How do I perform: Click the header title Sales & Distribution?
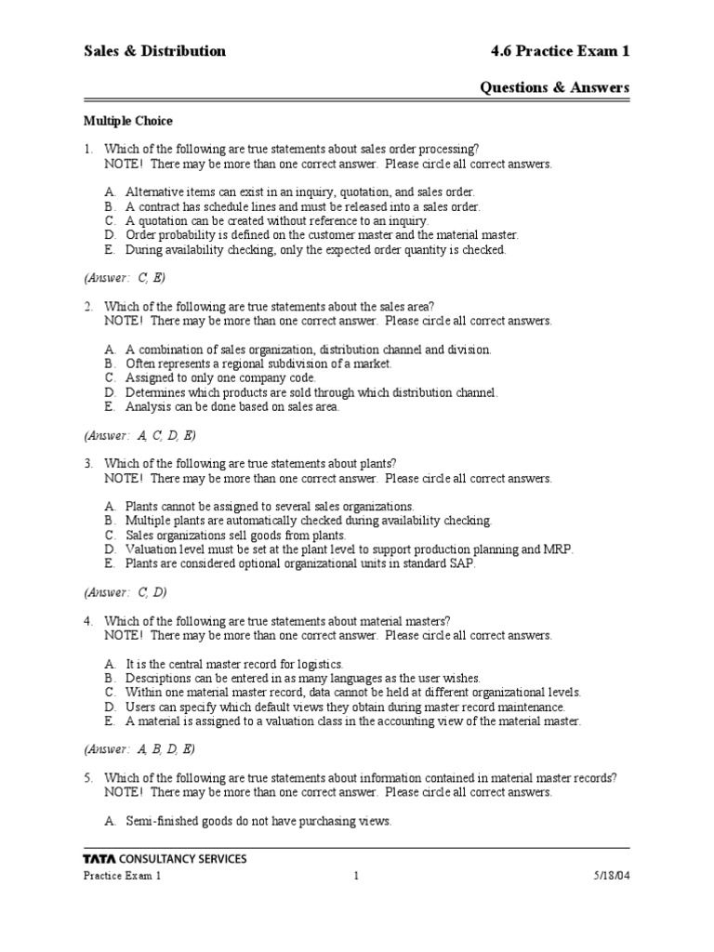pyautogui.click(x=154, y=51)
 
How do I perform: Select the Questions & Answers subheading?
pyautogui.click(x=554, y=87)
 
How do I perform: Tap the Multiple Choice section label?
pyautogui.click(x=128, y=121)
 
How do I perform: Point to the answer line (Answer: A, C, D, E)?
pyautogui.click(x=139, y=435)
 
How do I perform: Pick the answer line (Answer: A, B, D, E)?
pyautogui.click(x=139, y=749)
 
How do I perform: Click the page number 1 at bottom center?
pyautogui.click(x=356, y=876)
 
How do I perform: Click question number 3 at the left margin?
pyautogui.click(x=88, y=463)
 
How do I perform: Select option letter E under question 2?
pyautogui.click(x=110, y=406)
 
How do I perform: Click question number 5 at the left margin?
pyautogui.click(x=88, y=778)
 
